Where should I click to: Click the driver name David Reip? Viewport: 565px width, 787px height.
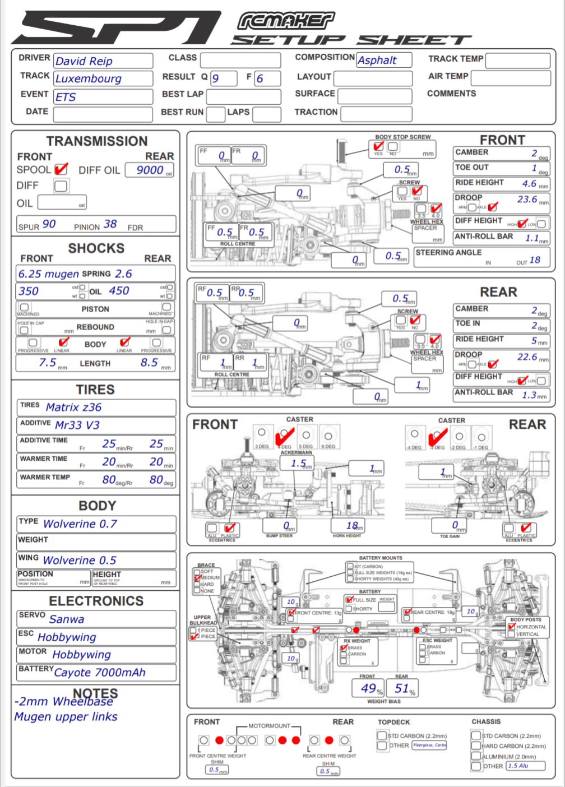pyautogui.click(x=84, y=61)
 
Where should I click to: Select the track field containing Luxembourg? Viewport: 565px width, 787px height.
pyautogui.click(x=88, y=78)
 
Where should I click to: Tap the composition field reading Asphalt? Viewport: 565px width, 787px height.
pyautogui.click(x=377, y=60)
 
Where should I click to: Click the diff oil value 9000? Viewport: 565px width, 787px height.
pyautogui.click(x=150, y=170)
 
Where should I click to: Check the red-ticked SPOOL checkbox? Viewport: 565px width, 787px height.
pyautogui.click(x=61, y=169)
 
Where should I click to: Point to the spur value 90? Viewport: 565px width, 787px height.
pyautogui.click(x=49, y=224)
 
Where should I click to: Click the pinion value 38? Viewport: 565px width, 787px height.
pyautogui.click(x=110, y=224)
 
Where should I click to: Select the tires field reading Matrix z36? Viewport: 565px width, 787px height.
pyautogui.click(x=73, y=408)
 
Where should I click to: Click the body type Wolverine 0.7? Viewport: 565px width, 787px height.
pyautogui.click(x=80, y=524)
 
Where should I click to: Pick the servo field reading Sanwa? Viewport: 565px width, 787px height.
pyautogui.click(x=67, y=619)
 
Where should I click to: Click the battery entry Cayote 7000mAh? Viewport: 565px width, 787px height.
pyautogui.click(x=100, y=673)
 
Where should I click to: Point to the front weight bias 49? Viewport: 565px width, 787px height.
pyautogui.click(x=368, y=688)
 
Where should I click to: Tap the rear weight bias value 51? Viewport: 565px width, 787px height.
pyautogui.click(x=402, y=688)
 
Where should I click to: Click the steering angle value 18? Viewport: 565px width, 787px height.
pyautogui.click(x=535, y=260)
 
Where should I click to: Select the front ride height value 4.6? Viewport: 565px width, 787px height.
pyautogui.click(x=529, y=183)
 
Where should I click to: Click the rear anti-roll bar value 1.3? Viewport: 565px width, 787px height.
pyautogui.click(x=529, y=395)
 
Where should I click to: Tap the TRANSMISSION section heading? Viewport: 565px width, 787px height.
pyautogui.click(x=97, y=141)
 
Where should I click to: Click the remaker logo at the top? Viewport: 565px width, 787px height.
pyautogui.click(x=286, y=21)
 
